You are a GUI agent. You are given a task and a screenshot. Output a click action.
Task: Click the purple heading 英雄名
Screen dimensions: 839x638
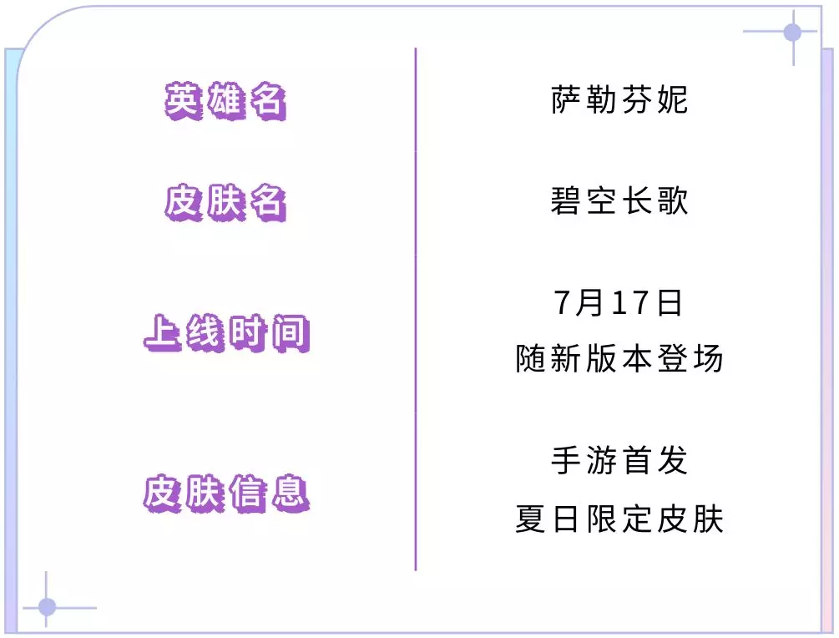225,100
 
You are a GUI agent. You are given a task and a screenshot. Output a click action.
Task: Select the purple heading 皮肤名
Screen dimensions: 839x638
225,202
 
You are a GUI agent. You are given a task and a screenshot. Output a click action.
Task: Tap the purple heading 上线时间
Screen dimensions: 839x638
227,333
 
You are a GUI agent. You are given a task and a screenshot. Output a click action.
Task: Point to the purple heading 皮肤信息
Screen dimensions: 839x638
227,493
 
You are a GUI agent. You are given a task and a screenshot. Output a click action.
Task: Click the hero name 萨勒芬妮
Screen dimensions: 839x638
619,99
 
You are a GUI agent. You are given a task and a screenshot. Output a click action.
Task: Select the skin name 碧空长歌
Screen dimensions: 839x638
619,201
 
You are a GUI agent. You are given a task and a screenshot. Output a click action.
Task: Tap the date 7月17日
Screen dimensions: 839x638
618,303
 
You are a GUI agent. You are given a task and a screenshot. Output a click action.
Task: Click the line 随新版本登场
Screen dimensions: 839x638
619,358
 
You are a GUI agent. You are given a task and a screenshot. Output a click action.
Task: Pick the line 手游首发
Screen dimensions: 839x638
619,460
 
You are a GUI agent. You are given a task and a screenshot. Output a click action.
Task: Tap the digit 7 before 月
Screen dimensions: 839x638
563,303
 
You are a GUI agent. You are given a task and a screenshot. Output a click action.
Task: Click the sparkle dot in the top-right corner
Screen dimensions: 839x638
792,32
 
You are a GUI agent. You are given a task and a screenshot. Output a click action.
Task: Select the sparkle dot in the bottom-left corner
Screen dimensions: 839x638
47,607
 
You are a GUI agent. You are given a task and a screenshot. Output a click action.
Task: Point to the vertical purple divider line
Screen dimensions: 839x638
415,309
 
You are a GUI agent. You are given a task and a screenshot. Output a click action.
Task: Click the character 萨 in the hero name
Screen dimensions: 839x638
565,99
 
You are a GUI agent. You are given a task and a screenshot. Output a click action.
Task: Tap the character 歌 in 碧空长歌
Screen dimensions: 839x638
673,201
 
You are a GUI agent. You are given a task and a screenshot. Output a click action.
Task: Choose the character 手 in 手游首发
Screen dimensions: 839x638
565,460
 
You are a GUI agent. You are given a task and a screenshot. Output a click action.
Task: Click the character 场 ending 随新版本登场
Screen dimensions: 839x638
708,358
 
